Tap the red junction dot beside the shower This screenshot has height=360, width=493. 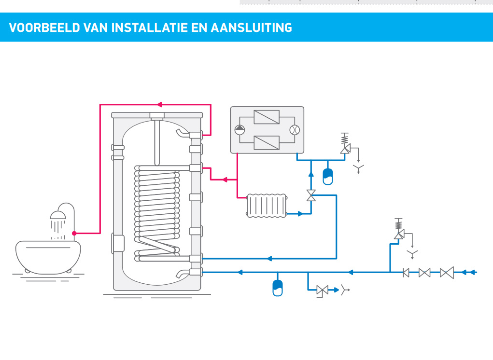(74, 233)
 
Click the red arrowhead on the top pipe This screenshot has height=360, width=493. (160, 104)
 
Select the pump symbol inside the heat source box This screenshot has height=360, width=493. (240, 130)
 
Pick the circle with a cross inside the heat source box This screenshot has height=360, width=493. (294, 130)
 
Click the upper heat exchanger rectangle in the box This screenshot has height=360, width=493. (267, 117)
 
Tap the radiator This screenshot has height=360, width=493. (267, 206)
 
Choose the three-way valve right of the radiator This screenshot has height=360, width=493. (311, 195)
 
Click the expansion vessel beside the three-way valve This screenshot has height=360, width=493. (327, 176)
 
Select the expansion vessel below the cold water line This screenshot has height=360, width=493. (278, 287)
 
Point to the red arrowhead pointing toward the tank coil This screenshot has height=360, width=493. (225, 180)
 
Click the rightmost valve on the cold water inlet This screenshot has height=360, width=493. (447, 272)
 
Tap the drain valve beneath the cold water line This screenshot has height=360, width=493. (322, 290)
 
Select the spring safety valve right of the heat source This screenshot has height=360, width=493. (345, 145)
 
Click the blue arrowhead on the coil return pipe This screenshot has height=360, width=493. (269, 258)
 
